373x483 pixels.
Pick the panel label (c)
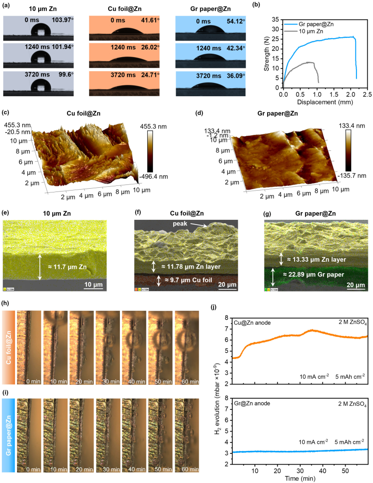(6, 113)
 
